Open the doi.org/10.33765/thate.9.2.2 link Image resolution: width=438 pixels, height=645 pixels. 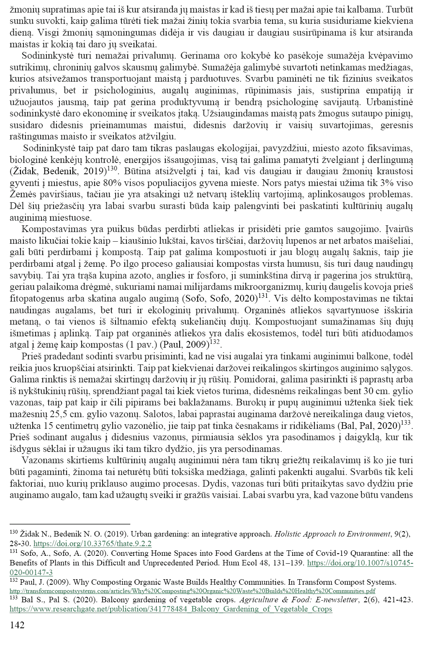coord(92,544)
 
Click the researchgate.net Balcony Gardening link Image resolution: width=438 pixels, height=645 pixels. coord(171,609)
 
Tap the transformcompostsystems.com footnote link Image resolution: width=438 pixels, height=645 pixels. coord(192,591)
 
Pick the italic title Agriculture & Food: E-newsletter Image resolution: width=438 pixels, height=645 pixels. coord(297,600)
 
